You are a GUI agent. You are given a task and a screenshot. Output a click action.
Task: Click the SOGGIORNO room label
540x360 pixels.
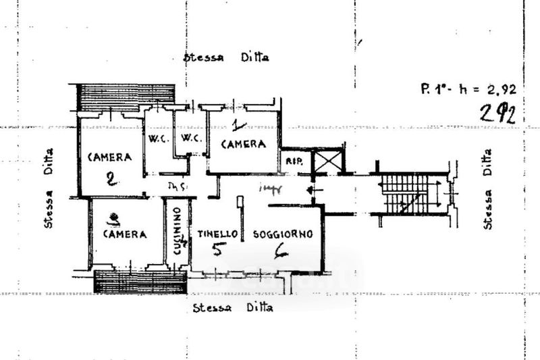282,234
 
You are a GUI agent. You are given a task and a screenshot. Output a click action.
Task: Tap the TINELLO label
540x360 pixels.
217,234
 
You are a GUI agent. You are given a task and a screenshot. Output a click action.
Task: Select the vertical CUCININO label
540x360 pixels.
177,230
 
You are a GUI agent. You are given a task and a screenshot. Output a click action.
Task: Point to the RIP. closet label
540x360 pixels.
294,162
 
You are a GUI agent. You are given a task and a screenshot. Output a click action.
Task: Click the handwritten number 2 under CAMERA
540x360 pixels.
112,179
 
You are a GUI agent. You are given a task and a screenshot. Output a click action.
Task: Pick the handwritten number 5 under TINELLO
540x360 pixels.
218,250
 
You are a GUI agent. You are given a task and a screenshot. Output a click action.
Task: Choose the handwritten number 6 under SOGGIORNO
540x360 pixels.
281,251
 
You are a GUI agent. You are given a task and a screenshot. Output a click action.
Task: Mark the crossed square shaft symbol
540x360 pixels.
329,162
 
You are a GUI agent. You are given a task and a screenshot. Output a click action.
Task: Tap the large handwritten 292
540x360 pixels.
497,113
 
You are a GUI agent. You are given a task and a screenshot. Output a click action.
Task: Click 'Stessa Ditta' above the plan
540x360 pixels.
226,57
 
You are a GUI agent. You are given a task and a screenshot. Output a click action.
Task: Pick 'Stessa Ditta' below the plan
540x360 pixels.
232,308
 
